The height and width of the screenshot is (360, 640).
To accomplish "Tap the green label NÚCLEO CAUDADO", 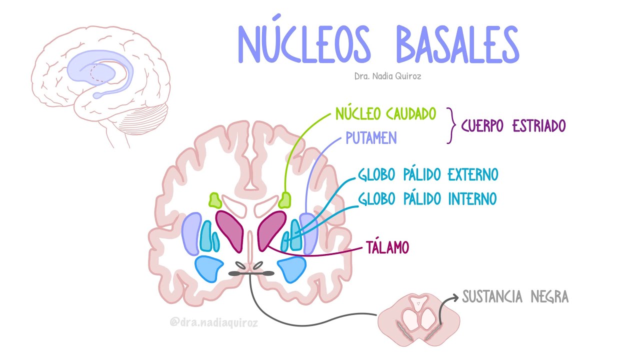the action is pyautogui.click(x=385, y=114).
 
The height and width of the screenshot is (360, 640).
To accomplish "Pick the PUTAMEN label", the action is pyautogui.click(x=370, y=137).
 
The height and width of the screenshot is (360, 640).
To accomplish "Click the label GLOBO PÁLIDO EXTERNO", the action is pyautogui.click(x=428, y=175).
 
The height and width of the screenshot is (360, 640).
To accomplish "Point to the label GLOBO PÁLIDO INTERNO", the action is pyautogui.click(x=427, y=199).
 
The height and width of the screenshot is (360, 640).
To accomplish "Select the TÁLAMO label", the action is pyautogui.click(x=387, y=247).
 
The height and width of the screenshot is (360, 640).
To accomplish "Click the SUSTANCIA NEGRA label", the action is pyautogui.click(x=515, y=297).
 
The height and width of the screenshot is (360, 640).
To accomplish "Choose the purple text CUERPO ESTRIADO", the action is pyautogui.click(x=513, y=125).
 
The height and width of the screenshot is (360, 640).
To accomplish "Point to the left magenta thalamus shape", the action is pyautogui.click(x=230, y=230).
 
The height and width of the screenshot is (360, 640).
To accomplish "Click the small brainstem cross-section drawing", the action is pyautogui.click(x=418, y=320).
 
